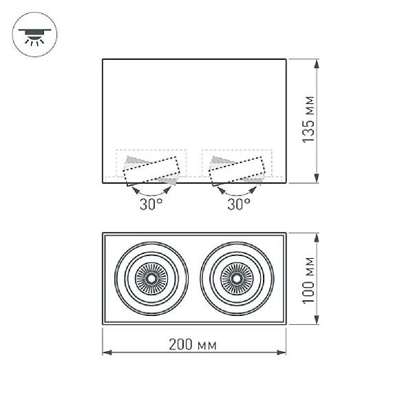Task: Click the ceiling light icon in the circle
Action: (34, 36)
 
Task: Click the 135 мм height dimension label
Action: (308, 120)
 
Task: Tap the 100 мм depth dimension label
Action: (308, 280)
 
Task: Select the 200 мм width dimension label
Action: (193, 345)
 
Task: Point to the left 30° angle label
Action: (151, 204)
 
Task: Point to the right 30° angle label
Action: (239, 204)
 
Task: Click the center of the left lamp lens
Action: (151, 278)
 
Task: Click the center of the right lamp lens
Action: (237, 278)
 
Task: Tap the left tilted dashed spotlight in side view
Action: (151, 171)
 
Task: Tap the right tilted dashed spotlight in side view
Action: (237, 171)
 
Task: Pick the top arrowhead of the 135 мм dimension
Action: (317, 64)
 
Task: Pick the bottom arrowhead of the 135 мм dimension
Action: (317, 178)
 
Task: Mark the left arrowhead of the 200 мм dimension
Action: (107, 352)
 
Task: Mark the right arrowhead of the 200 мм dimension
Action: (281, 352)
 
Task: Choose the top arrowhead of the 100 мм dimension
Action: (317, 238)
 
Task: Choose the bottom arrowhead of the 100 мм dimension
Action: (317, 319)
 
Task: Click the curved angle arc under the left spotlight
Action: (151, 195)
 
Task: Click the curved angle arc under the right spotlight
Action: (237, 195)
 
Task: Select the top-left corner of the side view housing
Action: (103, 59)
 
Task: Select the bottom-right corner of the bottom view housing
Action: (286, 324)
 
